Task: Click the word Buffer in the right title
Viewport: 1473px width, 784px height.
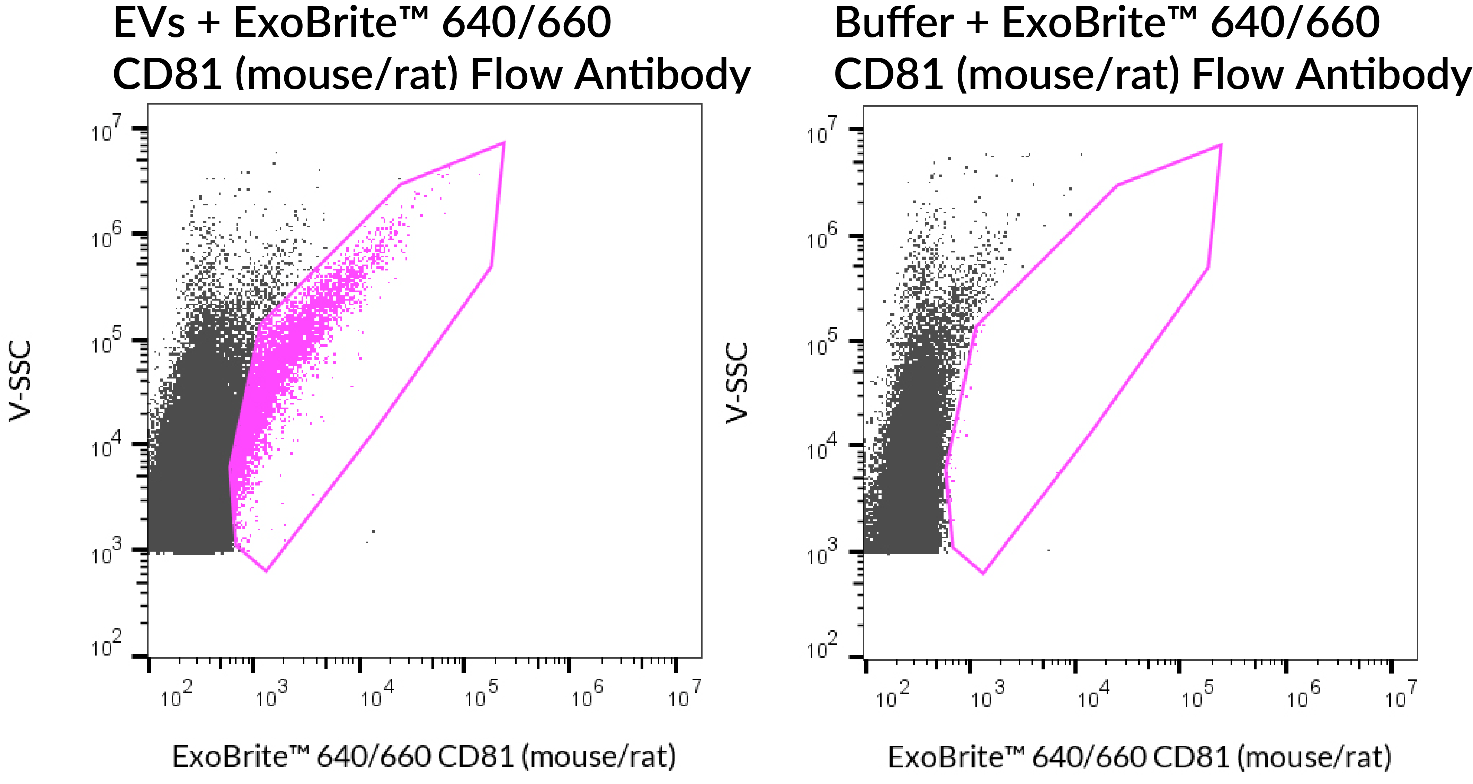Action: (x=893, y=24)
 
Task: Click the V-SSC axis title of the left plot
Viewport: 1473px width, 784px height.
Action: (x=20, y=381)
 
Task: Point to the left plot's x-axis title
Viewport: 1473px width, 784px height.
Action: (x=424, y=757)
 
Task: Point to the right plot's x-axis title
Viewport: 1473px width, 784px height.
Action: (x=1139, y=757)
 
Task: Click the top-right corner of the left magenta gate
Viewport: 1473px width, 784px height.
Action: (x=504, y=142)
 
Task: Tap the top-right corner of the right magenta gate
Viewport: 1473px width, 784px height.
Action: (x=1221, y=145)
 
